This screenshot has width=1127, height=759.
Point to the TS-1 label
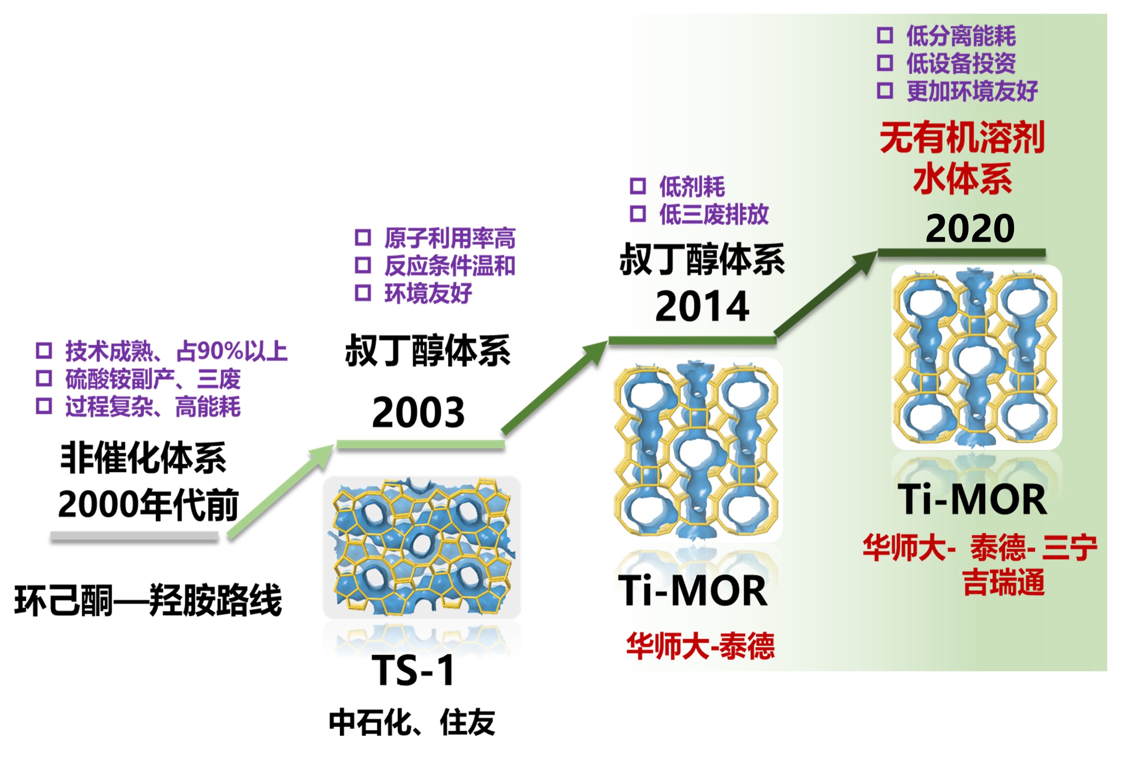click(x=413, y=670)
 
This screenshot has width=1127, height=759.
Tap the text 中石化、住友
click(x=412, y=723)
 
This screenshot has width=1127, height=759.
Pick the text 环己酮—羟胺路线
click(x=148, y=600)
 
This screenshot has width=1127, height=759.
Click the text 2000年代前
click(x=148, y=504)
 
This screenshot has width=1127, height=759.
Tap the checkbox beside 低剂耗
click(x=638, y=186)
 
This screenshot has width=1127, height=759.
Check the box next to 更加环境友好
click(x=885, y=90)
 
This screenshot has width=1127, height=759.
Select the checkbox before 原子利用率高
click(x=363, y=238)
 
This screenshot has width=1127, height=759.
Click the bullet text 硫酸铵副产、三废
click(x=153, y=379)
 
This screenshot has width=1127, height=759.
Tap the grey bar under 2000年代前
click(x=135, y=536)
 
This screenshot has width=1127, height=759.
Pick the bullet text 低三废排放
click(x=714, y=214)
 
